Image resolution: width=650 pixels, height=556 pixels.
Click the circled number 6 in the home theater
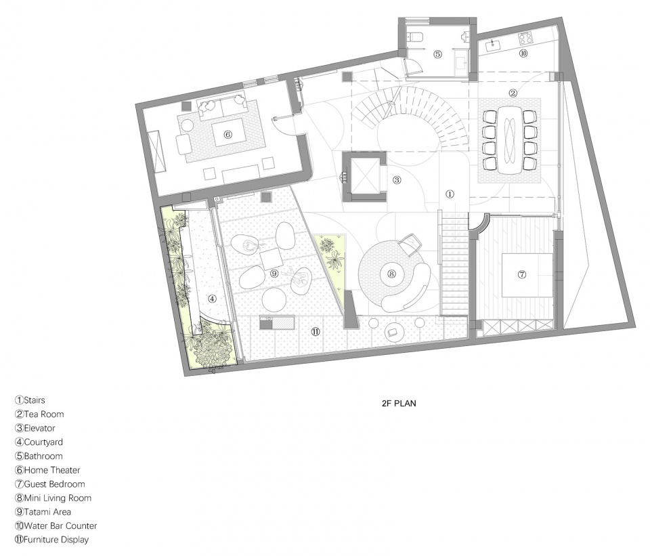tap(227, 134)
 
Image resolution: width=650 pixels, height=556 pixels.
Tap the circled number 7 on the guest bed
tap(521, 274)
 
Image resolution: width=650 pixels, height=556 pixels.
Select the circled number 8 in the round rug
tap(391, 273)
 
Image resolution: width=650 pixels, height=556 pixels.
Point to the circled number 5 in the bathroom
tap(438, 54)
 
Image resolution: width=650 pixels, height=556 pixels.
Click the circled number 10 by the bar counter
tap(523, 53)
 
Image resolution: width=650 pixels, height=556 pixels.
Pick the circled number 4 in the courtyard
tap(212, 299)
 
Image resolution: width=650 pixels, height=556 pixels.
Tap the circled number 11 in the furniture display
tap(316, 331)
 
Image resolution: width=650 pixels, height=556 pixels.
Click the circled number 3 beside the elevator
tap(397, 180)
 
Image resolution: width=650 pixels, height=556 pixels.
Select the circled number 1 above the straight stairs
tap(450, 194)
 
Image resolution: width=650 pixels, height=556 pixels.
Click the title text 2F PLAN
tap(399, 403)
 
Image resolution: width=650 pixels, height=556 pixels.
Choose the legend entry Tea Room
tap(39, 414)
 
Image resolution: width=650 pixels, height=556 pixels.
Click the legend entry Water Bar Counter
tap(56, 526)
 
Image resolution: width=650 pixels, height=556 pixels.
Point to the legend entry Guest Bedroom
tap(50, 484)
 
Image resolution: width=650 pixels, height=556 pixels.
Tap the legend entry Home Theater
tap(47, 470)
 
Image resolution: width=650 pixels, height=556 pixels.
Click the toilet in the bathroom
tap(415, 37)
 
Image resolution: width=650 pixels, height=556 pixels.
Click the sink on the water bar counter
tap(494, 43)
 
